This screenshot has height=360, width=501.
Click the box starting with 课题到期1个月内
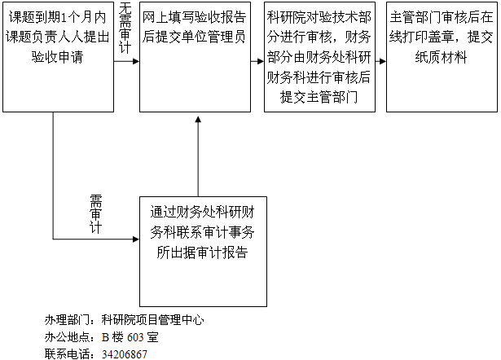point(58,57)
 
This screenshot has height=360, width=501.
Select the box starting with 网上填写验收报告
point(195,57)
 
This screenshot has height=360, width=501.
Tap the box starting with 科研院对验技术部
point(319,57)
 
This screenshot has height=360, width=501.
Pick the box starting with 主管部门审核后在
point(442,57)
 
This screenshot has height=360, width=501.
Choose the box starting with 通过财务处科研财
point(203,252)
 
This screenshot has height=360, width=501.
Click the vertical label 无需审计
point(125,29)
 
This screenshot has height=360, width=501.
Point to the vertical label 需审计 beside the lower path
point(95,214)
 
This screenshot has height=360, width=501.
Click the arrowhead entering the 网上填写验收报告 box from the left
point(136,61)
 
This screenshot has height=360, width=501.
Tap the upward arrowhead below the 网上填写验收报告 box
point(198,120)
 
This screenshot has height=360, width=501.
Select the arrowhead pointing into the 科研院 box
point(261,61)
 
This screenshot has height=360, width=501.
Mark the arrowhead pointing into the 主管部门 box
point(383,61)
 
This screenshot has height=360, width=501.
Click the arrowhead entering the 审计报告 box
point(136,239)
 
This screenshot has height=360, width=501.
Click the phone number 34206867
point(125,354)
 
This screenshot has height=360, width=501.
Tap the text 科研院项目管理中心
point(152,320)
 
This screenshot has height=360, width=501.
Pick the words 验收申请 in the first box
point(58,57)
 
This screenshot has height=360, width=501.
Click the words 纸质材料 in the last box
point(441,57)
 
